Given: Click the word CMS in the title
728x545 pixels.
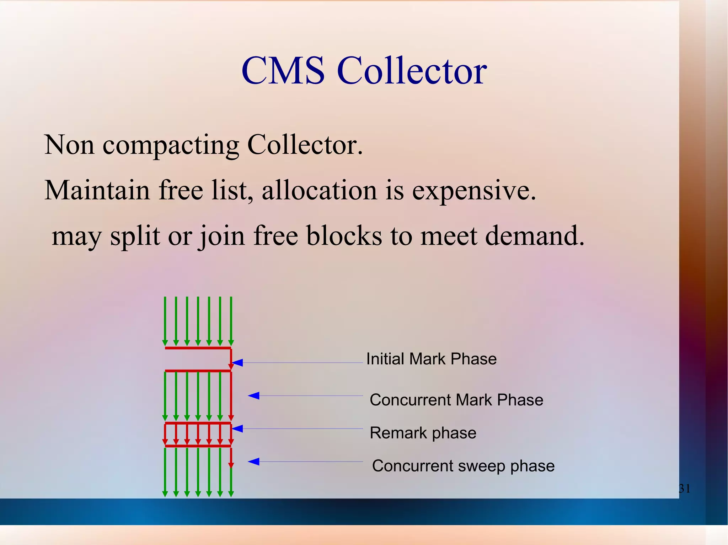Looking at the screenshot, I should click(283, 71).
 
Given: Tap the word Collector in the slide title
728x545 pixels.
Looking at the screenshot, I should click(412, 71).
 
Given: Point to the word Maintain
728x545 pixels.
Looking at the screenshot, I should click(97, 190).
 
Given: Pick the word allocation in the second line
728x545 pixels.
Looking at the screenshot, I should click(319, 190).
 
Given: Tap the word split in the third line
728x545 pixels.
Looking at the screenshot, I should click(135, 236).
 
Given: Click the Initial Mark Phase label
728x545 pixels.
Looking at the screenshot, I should click(431, 359).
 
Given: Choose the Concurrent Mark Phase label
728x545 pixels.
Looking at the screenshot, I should click(456, 400).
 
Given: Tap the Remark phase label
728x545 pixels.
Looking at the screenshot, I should click(423, 433).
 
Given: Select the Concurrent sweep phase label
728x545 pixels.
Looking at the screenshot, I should click(463, 466).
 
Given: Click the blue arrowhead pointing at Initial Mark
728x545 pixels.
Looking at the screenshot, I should click(237, 363).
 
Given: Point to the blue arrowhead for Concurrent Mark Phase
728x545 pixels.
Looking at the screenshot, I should click(253, 396).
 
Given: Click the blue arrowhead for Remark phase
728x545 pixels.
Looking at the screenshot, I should click(237, 429).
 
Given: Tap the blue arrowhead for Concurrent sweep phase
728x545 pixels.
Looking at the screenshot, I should click(253, 462).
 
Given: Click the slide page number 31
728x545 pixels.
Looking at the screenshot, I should click(684, 489).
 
